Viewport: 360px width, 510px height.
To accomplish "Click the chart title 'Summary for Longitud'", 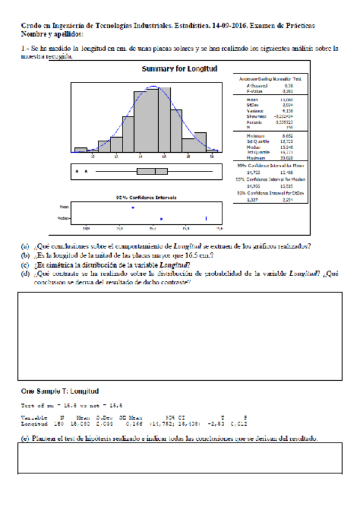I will click(x=179, y=69).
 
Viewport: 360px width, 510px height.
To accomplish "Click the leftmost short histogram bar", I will click(x=81, y=150).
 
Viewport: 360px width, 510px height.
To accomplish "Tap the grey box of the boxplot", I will click(x=152, y=171).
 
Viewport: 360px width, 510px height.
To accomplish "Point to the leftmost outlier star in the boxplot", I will click(x=78, y=171).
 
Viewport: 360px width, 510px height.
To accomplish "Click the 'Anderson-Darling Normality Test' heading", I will click(x=270, y=79).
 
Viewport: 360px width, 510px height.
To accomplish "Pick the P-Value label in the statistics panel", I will click(x=252, y=91).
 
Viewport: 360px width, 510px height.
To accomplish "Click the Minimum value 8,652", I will click(x=288, y=137).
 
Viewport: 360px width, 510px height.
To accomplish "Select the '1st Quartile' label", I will click(x=256, y=142).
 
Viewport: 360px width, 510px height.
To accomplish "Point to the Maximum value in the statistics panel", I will click(x=287, y=158).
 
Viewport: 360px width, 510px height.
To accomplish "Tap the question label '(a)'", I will click(x=25, y=245).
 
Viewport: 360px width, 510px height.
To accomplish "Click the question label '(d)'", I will click(x=25, y=273).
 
